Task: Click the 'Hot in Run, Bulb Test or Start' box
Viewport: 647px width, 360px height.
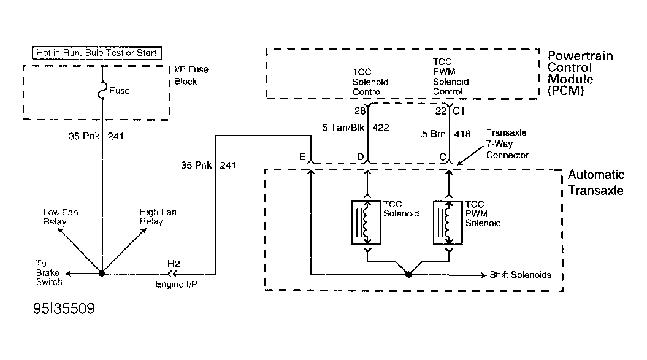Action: [96, 53]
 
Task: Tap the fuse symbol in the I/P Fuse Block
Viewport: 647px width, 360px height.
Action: [102, 90]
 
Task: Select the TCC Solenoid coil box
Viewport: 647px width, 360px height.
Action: [366, 223]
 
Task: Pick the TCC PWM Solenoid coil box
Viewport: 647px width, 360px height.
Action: [448, 223]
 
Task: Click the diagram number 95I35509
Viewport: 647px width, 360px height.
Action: [64, 308]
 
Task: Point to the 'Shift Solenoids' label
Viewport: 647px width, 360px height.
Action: [520, 275]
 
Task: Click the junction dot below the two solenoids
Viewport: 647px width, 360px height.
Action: [408, 274]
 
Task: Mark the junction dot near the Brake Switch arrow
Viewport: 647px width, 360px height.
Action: [102, 274]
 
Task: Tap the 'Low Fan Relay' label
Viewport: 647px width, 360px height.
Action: [60, 216]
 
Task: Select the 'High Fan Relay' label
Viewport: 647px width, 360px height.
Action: [158, 216]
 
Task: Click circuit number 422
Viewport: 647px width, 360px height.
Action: [380, 128]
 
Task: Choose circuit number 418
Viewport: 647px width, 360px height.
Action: [462, 134]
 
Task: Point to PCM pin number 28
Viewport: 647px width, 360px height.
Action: [360, 110]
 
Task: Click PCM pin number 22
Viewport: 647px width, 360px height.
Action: [441, 110]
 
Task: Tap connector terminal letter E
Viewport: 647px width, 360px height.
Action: [302, 156]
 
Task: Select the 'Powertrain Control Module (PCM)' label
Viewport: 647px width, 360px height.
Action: [580, 73]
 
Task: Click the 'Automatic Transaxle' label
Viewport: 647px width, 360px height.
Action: [596, 183]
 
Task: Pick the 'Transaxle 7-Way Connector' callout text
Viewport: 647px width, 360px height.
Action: [507, 144]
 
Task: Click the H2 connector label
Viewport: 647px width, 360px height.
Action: [174, 264]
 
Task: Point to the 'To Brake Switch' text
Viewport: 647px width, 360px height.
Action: [49, 273]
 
